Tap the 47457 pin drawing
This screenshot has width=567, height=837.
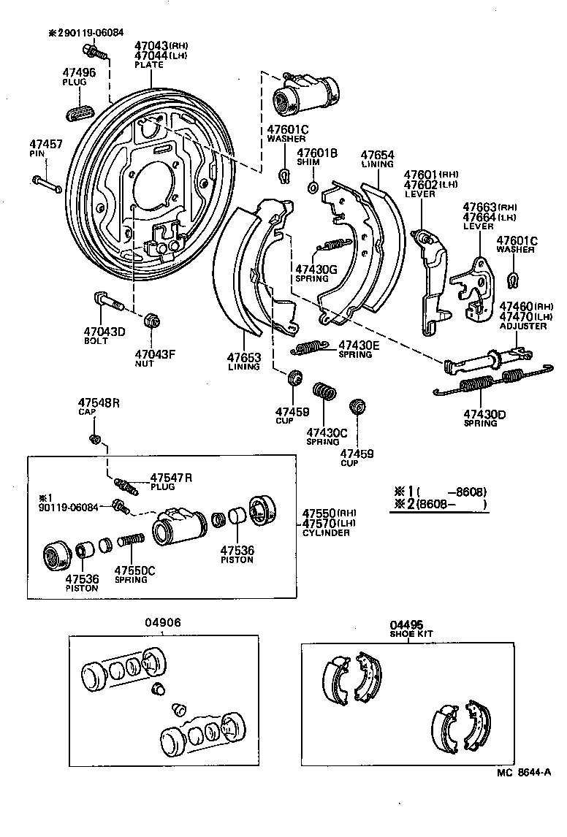coord(45,182)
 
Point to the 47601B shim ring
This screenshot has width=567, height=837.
coord(313,188)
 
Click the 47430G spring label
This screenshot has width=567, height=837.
coord(316,270)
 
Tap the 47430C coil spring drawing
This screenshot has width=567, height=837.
coord(324,391)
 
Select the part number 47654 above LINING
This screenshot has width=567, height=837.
coord(378,155)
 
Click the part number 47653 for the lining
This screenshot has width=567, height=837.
coord(243,357)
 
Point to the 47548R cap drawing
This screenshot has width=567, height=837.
coord(94,438)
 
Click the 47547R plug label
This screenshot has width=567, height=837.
coord(171,478)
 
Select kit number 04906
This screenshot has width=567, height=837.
coord(162,622)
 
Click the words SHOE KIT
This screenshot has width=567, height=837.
coord(411,634)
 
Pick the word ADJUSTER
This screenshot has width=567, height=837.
coord(523,326)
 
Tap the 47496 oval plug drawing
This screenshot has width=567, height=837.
coord(80,115)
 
